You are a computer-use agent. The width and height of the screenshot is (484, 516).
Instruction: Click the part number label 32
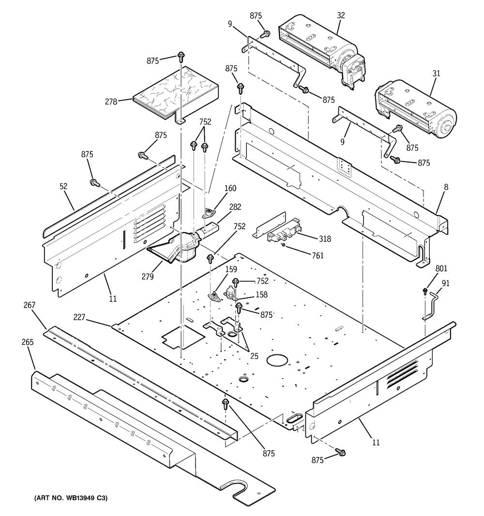click(341, 15)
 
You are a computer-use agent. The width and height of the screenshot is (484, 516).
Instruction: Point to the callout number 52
click(63, 186)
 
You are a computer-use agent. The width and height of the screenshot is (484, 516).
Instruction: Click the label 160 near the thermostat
click(229, 188)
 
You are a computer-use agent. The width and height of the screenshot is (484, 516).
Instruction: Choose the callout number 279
click(148, 277)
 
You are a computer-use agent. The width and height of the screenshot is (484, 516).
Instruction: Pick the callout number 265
click(27, 342)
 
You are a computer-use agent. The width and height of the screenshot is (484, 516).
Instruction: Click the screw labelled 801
click(425, 291)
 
